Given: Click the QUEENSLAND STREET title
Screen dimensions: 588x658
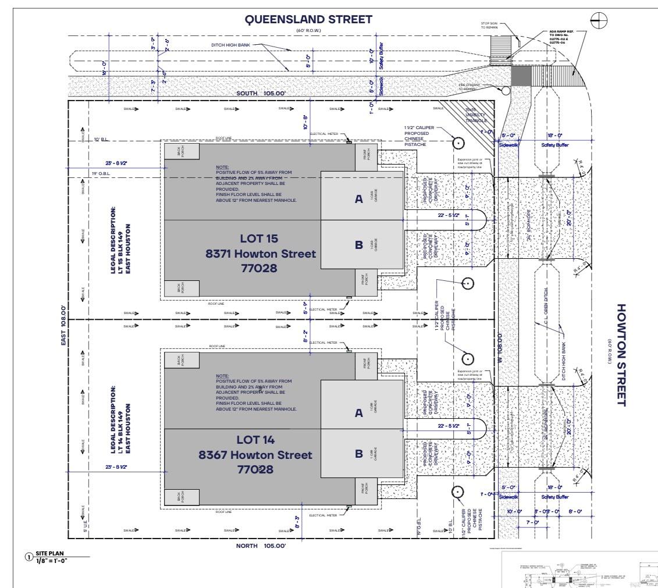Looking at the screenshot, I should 308,19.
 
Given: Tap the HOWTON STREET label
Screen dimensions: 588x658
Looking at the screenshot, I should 621,355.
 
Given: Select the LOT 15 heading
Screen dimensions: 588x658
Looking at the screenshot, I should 259,238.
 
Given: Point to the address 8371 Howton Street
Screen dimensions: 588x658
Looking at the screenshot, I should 260,254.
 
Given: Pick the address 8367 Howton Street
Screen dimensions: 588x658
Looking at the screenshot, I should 255,455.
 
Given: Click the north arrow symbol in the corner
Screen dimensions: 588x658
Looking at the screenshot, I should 599,21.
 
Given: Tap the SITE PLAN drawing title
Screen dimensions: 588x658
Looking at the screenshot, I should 49,553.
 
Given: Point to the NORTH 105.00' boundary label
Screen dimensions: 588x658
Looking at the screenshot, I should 261,546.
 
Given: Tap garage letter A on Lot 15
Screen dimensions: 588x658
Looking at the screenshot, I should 359,199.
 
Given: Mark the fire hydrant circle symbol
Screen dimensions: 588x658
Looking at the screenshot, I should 506,90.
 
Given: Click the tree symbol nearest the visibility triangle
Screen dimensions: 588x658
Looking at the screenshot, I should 458,143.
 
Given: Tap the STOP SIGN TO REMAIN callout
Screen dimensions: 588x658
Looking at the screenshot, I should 489,25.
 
